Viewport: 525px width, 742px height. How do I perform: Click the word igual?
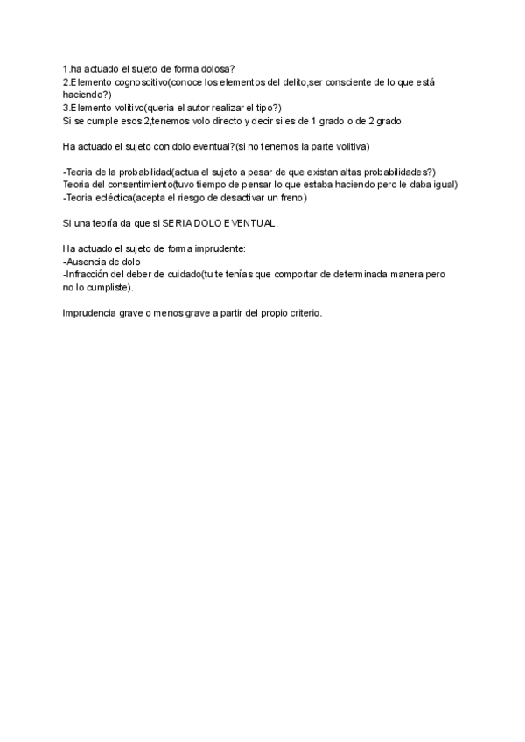coord(444,185)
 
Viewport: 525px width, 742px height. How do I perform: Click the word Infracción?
coord(91,274)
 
